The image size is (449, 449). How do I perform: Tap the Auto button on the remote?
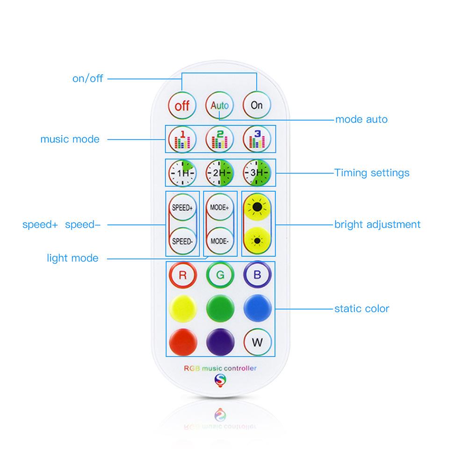[220, 105]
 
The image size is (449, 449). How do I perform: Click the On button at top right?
[257, 105]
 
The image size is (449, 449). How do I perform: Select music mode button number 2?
[220, 139]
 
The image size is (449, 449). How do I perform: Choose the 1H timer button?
[182, 173]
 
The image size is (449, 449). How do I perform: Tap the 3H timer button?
[257, 173]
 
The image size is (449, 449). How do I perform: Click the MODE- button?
[220, 241]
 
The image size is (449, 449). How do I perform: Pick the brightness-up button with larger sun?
[257, 207]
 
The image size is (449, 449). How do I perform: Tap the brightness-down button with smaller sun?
[257, 241]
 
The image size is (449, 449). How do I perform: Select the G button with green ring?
[220, 275]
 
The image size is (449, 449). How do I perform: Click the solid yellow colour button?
[183, 309]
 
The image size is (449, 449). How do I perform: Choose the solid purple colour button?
[220, 342]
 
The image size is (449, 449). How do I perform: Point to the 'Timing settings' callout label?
[372, 173]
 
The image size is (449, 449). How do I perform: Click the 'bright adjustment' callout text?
[377, 224]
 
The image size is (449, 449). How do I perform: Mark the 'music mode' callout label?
[70, 139]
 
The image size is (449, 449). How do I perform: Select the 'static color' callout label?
[362, 308]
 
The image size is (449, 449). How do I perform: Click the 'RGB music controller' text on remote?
[220, 368]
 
